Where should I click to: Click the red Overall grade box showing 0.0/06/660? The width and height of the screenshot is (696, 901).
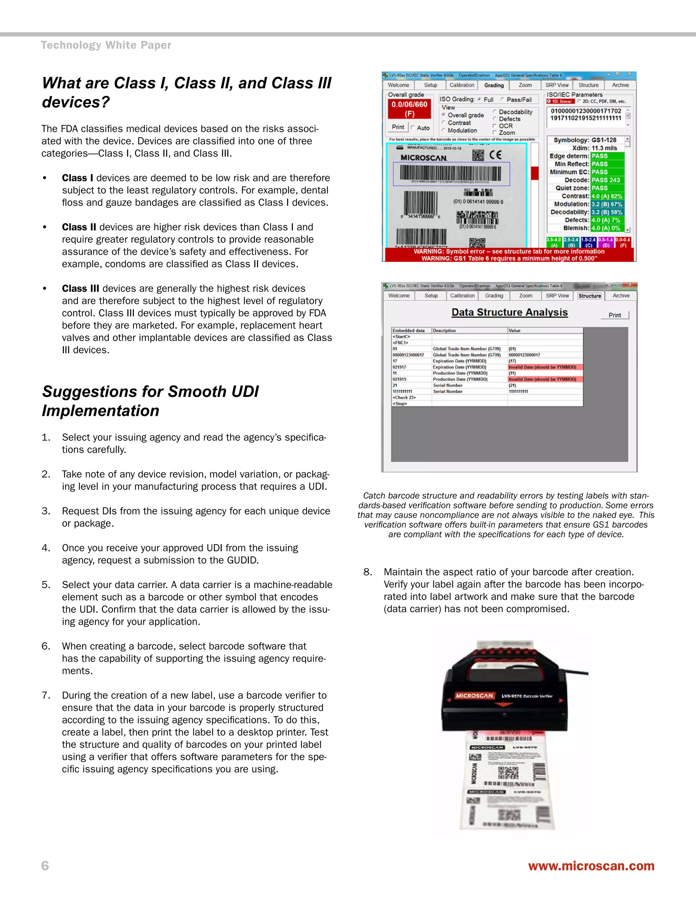409,109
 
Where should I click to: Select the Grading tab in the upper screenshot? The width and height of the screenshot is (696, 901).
493,85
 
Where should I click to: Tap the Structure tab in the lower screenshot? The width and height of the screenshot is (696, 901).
589,296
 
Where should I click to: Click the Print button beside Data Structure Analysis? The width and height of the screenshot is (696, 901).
614,315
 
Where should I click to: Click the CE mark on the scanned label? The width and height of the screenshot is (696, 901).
495,155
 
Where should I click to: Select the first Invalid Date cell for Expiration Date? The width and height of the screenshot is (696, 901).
544,367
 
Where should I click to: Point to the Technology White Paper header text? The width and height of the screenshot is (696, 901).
106,45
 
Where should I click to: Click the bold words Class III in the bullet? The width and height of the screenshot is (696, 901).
81,289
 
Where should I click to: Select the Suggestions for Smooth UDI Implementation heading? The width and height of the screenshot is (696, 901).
151,401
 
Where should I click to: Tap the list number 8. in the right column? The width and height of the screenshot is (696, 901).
367,572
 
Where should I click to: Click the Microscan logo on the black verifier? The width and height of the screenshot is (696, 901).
474,696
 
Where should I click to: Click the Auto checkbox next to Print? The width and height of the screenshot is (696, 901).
413,128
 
